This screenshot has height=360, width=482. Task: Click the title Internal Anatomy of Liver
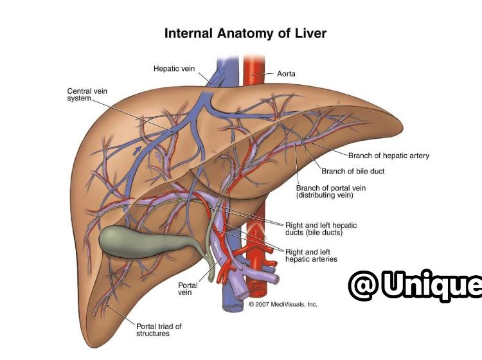coord(245,33)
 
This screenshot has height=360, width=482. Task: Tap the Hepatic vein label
coord(174,69)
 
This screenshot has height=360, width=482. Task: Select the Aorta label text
coord(286,74)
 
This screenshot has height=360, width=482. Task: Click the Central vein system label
coord(87,94)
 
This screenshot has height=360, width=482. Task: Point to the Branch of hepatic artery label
coord(389,156)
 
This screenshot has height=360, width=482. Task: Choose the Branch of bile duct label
coord(353,171)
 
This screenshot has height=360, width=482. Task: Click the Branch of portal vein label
coord(331,192)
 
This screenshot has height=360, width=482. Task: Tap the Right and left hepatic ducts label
coord(321,229)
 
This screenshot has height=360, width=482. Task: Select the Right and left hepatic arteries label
coord(311,255)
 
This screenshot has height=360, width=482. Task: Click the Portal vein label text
coord(188,289)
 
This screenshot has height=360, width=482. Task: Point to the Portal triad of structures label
coord(159,330)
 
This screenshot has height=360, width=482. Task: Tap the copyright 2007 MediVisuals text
coord(283,304)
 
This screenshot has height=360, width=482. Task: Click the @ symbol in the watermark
coord(364,285)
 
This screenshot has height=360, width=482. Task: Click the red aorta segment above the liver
coord(254,70)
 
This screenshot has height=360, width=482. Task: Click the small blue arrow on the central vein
coord(138,150)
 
